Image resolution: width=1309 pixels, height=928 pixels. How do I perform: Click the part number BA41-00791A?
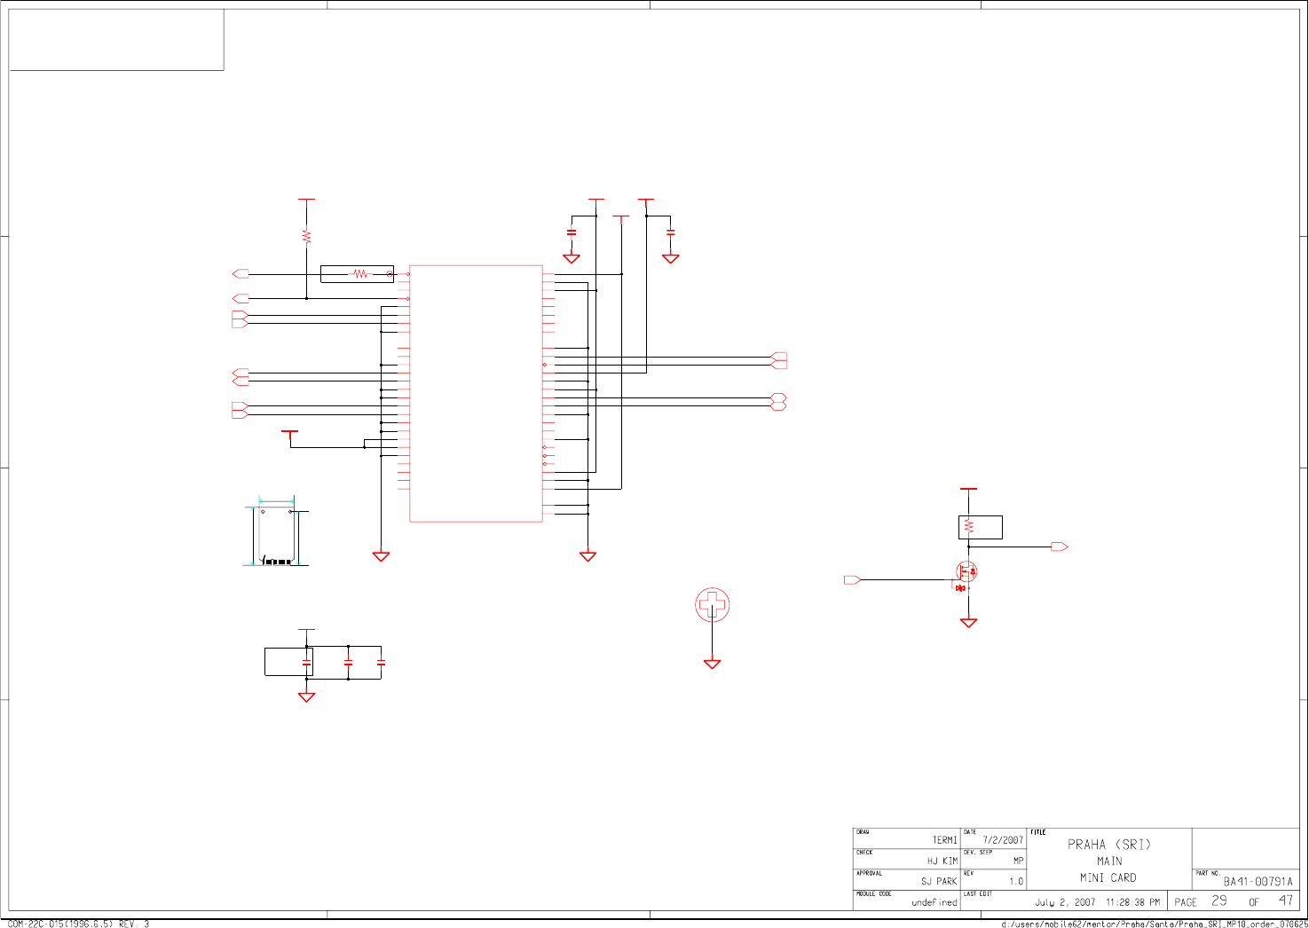click(1258, 881)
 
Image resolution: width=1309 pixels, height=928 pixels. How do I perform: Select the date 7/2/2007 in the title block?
click(1002, 839)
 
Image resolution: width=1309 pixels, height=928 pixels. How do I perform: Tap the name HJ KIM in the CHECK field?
click(942, 861)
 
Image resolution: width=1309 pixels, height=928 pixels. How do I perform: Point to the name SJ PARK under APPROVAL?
click(938, 881)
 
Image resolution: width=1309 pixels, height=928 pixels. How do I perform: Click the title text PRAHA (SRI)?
click(1108, 845)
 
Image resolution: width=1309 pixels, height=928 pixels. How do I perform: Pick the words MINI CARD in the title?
click(1108, 877)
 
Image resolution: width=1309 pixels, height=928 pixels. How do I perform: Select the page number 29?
click(1219, 900)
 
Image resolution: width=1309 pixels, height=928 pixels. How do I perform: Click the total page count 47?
click(1285, 900)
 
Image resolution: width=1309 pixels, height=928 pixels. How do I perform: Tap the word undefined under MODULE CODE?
click(934, 902)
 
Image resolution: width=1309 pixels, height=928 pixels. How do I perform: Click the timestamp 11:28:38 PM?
click(1132, 902)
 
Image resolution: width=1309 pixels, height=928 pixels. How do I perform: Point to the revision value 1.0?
click(1015, 881)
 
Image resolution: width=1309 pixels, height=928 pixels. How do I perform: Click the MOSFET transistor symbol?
click(966, 573)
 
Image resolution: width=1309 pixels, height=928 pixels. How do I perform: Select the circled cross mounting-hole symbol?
click(712, 605)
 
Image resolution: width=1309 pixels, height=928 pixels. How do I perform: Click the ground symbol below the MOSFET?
click(968, 623)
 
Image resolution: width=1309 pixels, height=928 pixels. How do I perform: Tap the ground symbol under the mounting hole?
click(712, 664)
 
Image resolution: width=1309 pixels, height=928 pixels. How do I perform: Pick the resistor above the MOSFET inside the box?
click(969, 527)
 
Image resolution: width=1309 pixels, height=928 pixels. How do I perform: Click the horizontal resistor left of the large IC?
click(359, 274)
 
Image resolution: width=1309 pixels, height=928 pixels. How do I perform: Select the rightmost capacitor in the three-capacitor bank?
click(381, 662)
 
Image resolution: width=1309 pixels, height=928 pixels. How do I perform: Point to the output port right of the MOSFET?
click(1059, 547)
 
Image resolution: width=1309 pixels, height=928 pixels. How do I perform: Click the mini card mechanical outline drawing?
click(277, 532)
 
